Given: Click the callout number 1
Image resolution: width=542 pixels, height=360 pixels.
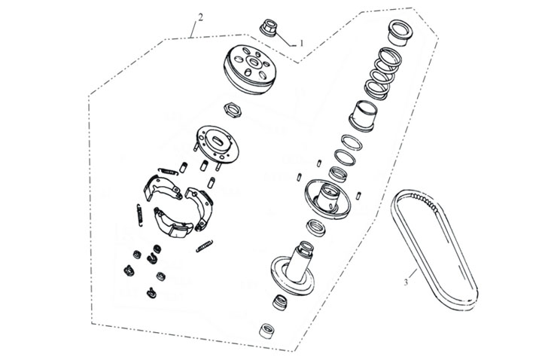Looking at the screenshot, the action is [x=301, y=43].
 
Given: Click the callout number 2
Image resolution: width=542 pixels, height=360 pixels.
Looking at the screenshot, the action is [x=200, y=17].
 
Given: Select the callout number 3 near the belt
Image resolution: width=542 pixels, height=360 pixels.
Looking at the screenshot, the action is [x=406, y=282].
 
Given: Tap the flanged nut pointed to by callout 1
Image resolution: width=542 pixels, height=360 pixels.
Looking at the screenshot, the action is [x=269, y=28].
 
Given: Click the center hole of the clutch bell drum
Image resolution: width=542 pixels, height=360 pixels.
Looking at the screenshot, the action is [x=254, y=63].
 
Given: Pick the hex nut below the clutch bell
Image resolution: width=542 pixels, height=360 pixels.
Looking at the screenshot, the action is [x=233, y=110].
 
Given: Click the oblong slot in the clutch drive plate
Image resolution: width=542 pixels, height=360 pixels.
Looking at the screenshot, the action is [x=218, y=142].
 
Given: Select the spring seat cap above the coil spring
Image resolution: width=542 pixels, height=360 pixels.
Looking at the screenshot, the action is [x=401, y=32].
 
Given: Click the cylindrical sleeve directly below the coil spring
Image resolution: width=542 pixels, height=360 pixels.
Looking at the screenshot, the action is [x=363, y=116].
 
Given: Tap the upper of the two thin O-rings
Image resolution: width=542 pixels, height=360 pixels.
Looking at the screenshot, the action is [x=352, y=142].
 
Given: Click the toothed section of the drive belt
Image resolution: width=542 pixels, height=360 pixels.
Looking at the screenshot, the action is [x=424, y=202].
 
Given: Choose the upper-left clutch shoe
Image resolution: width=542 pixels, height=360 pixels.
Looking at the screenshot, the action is [x=161, y=188].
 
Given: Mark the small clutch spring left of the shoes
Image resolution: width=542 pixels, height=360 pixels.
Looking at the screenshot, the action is [x=139, y=215].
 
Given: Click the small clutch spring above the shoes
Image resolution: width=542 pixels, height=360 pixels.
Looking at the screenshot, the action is [x=168, y=171].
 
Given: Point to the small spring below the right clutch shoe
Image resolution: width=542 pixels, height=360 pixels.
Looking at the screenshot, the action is [x=204, y=246].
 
